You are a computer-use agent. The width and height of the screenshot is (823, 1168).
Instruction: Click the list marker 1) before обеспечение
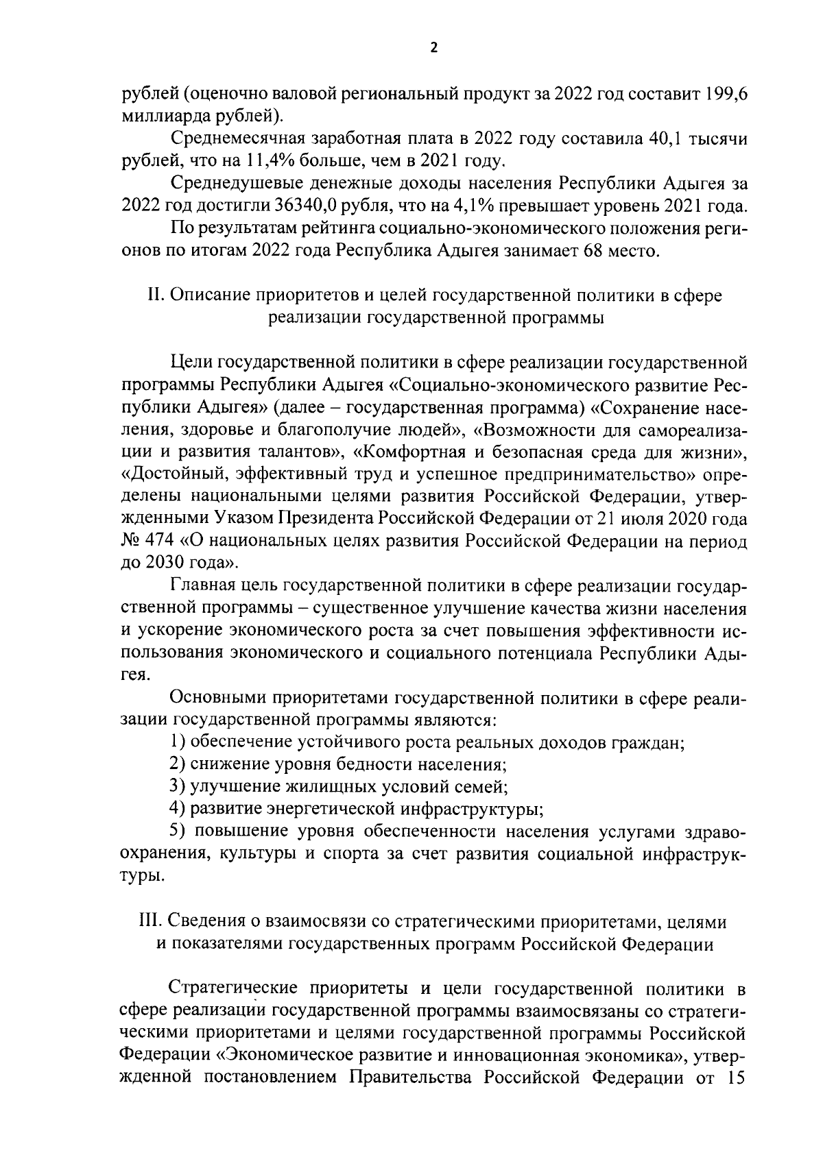click(x=178, y=742)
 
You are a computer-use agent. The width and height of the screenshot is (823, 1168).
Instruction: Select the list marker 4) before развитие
click(x=178, y=809)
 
